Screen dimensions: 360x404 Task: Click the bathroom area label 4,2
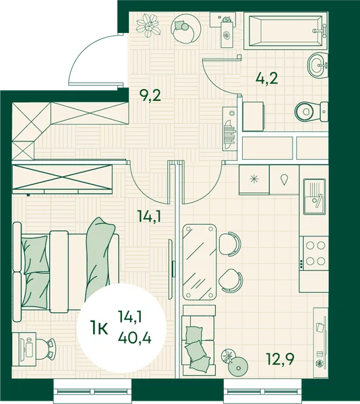click(x=267, y=78)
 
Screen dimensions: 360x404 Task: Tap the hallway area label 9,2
click(x=150, y=96)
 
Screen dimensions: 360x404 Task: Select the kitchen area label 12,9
click(x=280, y=359)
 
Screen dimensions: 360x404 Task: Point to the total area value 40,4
click(x=135, y=337)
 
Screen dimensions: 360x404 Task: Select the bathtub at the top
click(x=285, y=32)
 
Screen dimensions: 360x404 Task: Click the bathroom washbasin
click(x=318, y=65)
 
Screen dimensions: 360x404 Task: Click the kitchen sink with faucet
click(x=315, y=197)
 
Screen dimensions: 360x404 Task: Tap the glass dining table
click(x=200, y=262)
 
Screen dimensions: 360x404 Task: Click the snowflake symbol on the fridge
click(x=254, y=179)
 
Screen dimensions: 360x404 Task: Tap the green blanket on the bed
click(x=100, y=259)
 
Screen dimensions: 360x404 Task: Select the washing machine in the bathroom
click(x=253, y=116)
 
